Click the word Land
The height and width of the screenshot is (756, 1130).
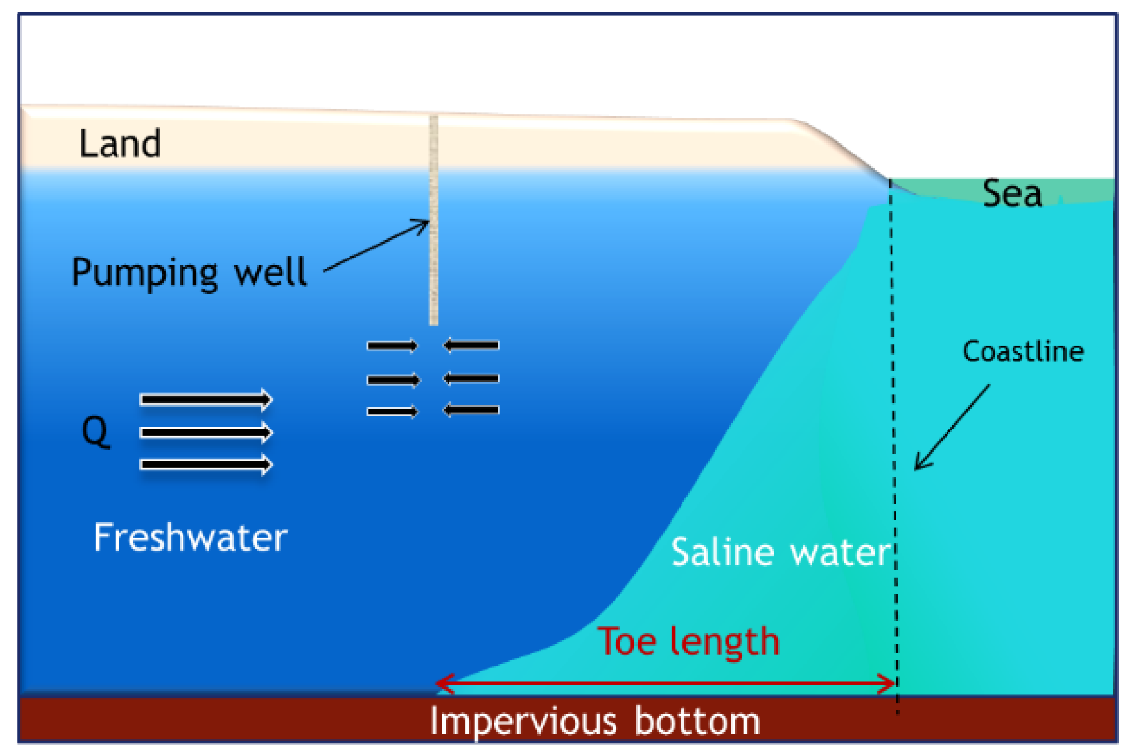click(120, 143)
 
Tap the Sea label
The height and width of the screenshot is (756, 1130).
click(1012, 194)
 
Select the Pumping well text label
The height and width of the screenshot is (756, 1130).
click(189, 272)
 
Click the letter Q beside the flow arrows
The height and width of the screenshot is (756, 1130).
click(96, 432)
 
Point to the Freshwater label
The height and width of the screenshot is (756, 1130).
click(190, 537)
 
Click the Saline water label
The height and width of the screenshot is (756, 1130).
click(780, 552)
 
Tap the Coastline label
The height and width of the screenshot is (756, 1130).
click(1023, 351)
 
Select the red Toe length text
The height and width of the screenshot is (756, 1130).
click(688, 641)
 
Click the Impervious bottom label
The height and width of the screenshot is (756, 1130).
click(595, 721)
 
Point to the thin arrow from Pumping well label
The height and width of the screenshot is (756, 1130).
click(376, 246)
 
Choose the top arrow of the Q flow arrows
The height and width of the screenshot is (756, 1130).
click(206, 399)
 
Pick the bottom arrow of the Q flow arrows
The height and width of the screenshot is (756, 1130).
click(206, 465)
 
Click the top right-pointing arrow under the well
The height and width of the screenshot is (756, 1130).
click(393, 345)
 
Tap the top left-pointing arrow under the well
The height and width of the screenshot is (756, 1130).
click(471, 345)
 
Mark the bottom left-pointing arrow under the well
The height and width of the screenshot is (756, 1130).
click(471, 410)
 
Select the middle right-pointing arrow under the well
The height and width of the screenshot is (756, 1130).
click(393, 380)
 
